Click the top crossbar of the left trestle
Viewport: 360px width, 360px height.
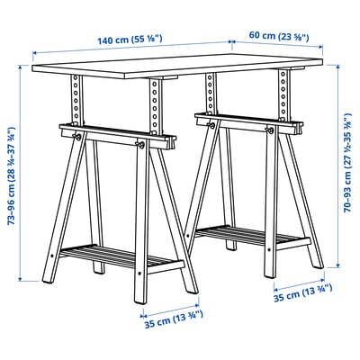tap(112, 132)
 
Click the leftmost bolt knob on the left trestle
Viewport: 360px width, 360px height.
tap(79, 137)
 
